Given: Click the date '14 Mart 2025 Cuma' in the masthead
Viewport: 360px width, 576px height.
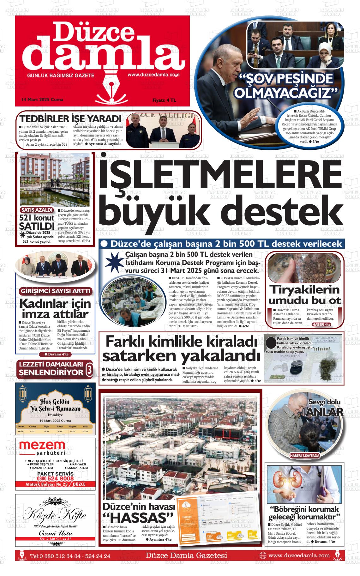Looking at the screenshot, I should click(x=42, y=100).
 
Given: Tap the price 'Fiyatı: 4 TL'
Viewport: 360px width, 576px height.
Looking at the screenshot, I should click(x=164, y=100).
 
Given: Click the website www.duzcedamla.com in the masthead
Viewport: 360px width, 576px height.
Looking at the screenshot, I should click(x=153, y=75).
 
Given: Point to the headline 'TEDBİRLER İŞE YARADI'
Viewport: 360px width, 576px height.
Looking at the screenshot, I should click(x=71, y=119).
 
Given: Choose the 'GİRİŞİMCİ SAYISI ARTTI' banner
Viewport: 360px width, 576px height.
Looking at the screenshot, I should click(x=55, y=291).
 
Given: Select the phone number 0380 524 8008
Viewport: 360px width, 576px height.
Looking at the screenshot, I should click(x=55, y=478).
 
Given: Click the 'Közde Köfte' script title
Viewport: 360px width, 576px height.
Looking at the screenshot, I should click(x=55, y=515).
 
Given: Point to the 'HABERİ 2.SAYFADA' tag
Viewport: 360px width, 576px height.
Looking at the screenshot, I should click(x=305, y=455).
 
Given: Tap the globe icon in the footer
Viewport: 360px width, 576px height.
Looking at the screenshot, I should click(x=262, y=555).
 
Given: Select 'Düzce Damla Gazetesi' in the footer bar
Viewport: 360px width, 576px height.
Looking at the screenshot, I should click(x=186, y=555).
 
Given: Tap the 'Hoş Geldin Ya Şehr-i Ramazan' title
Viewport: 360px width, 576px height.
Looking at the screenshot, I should click(x=55, y=405).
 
